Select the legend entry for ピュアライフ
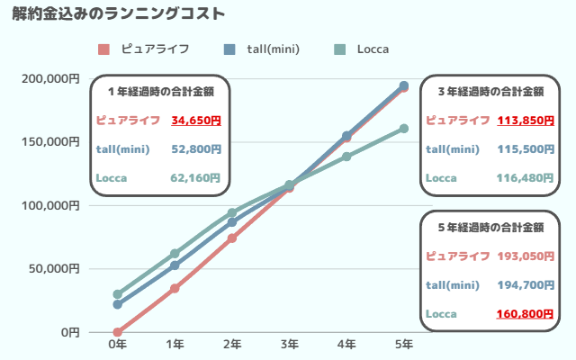pyautogui.click(x=145, y=49)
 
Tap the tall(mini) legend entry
pyautogui.click(x=261, y=49)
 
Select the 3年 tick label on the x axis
pyautogui.click(x=289, y=344)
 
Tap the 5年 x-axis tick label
pyautogui.click(x=404, y=344)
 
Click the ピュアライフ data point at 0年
pyautogui.click(x=117, y=332)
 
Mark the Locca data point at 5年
pyautogui.click(x=404, y=129)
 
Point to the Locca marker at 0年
pyautogui.click(x=117, y=294)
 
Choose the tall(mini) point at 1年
pyautogui.click(x=175, y=265)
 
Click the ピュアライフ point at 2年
pyautogui.click(x=232, y=238)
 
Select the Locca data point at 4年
pyautogui.click(x=346, y=157)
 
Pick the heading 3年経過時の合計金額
pyautogui.click(x=490, y=91)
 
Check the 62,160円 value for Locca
pyautogui.click(x=195, y=178)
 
